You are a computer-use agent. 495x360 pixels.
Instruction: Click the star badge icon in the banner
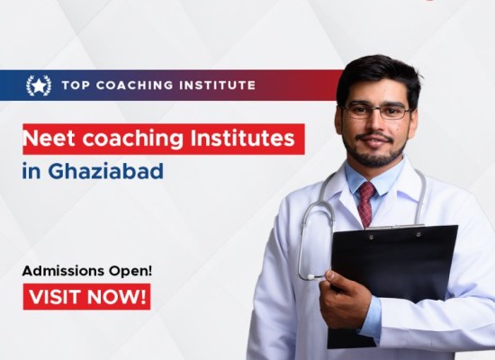(x=38, y=85)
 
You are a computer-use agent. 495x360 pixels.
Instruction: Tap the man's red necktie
(x=366, y=202)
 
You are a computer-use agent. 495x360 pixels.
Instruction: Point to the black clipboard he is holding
(x=396, y=270)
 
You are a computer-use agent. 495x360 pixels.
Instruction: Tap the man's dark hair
(x=378, y=70)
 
